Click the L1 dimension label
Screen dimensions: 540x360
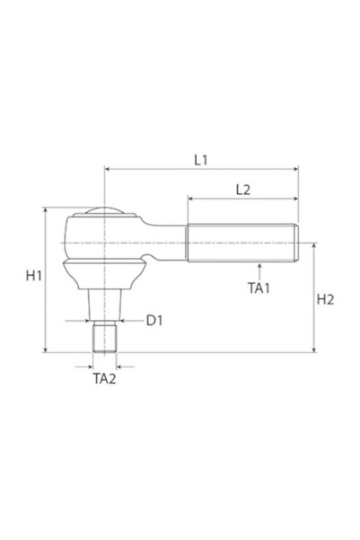200,159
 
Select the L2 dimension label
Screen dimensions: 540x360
241,190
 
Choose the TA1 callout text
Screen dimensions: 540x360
259,288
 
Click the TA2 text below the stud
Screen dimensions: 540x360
105,379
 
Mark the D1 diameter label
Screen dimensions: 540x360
154,320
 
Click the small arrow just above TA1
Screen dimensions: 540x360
259,267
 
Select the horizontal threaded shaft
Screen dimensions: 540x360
241,243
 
